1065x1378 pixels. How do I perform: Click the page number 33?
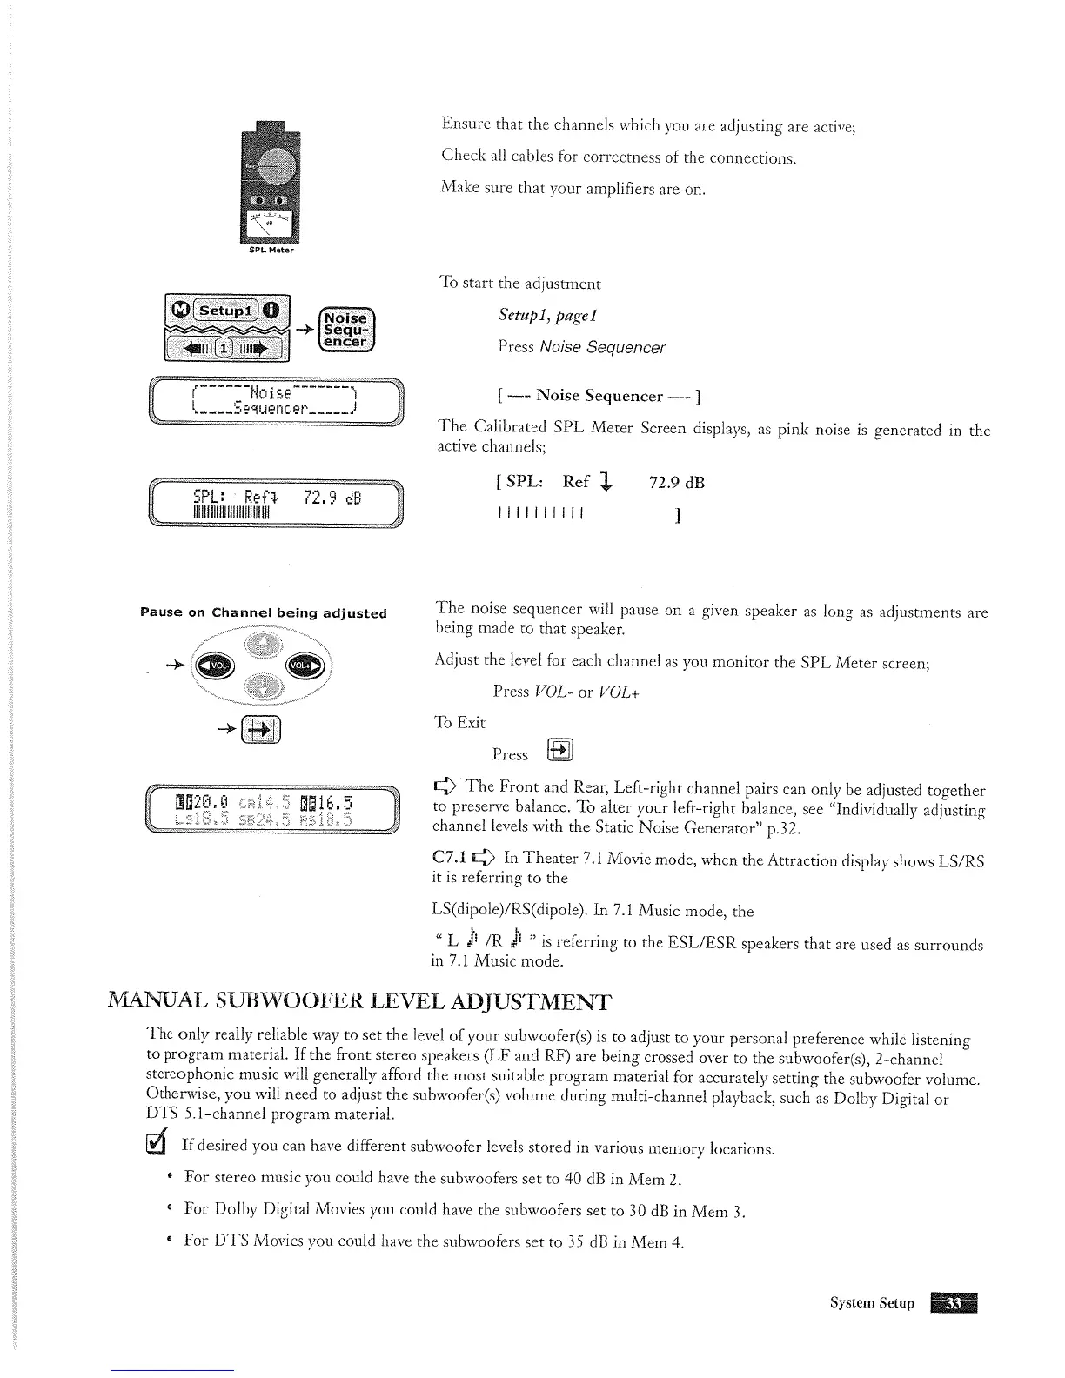[954, 1302]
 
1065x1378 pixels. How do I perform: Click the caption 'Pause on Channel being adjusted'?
[264, 612]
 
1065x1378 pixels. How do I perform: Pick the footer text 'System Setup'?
[872, 1303]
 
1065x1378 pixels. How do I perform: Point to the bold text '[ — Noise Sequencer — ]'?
[599, 397]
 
